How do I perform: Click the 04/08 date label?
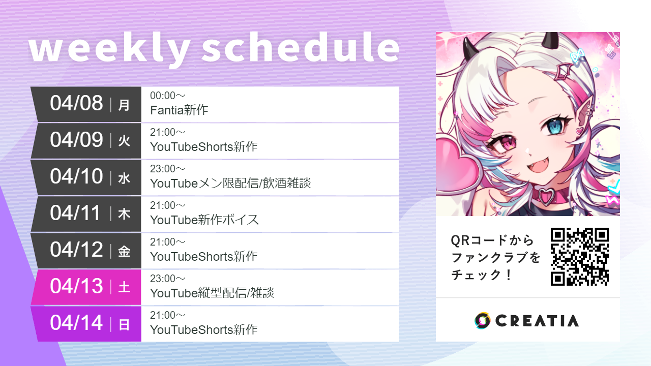point(76,103)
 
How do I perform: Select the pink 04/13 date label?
point(76,286)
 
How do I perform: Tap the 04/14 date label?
point(76,323)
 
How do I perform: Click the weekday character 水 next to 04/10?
point(124,178)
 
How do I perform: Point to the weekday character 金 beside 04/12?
point(124,251)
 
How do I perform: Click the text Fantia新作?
point(179,110)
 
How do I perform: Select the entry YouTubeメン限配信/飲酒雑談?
point(230,184)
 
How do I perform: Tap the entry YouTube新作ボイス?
point(204,220)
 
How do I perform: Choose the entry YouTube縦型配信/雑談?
point(212,293)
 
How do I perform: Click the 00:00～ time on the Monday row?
point(167,96)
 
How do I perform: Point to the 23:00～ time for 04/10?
point(167,169)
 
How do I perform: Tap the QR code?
point(579,257)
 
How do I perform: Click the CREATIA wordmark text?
point(537,321)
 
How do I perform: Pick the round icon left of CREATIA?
point(482,320)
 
